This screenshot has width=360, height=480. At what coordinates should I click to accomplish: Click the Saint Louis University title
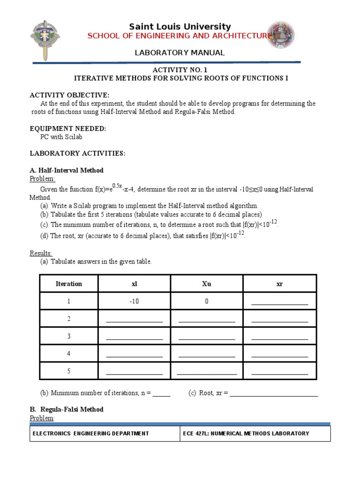click(x=180, y=27)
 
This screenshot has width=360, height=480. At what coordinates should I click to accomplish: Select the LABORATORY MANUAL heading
click(x=180, y=52)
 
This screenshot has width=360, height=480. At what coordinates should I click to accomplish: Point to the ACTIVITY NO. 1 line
click(x=180, y=69)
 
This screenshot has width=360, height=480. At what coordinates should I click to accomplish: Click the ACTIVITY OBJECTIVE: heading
click(x=69, y=95)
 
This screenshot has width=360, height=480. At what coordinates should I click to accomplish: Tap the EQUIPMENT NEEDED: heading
click(x=68, y=128)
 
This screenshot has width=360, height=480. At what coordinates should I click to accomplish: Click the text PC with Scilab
click(x=62, y=137)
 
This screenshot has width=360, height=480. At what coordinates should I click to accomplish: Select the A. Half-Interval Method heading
click(x=67, y=170)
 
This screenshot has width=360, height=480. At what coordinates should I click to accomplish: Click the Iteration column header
click(x=69, y=284)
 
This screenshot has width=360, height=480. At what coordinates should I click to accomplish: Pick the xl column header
click(x=134, y=284)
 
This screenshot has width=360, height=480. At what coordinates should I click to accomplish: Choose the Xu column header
click(x=207, y=284)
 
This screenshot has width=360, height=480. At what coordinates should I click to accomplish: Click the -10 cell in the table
click(x=134, y=301)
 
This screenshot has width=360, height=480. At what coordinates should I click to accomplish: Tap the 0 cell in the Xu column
click(x=207, y=301)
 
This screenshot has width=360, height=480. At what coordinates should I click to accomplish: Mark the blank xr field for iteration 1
click(x=280, y=303)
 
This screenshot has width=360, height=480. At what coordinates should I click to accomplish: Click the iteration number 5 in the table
click(x=69, y=371)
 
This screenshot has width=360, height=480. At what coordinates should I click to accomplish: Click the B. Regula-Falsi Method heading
click(x=67, y=409)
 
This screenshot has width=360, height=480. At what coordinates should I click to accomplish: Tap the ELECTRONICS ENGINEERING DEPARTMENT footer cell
click(x=90, y=434)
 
